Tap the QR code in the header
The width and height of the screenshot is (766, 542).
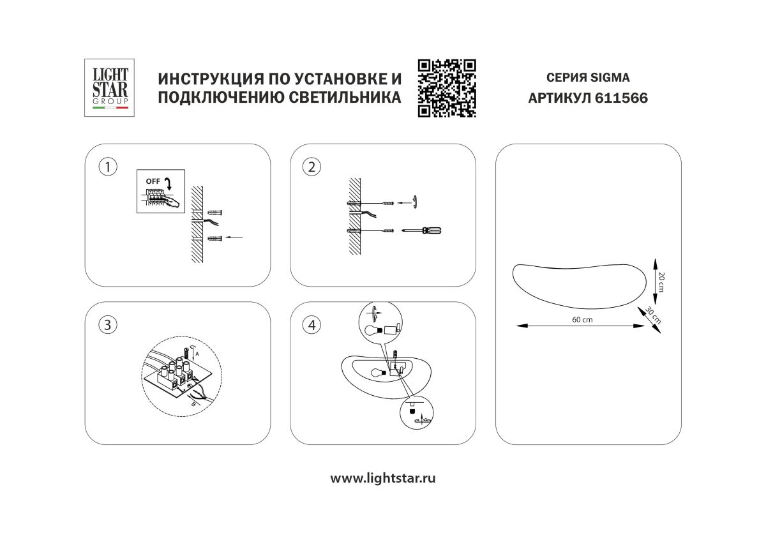point(447,88)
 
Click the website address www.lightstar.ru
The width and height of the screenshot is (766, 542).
point(382,478)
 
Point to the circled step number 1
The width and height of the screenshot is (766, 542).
point(107,167)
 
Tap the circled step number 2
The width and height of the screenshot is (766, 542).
point(312,167)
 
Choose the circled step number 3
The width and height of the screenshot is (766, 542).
point(107,325)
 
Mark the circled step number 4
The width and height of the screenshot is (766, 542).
point(312,325)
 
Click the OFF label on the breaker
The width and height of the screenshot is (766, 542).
point(153,181)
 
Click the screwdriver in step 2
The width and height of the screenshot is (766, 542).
point(422,230)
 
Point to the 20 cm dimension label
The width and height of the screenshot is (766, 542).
point(661,282)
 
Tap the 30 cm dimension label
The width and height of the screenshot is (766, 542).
point(652,315)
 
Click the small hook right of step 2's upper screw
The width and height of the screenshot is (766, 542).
point(414,201)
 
